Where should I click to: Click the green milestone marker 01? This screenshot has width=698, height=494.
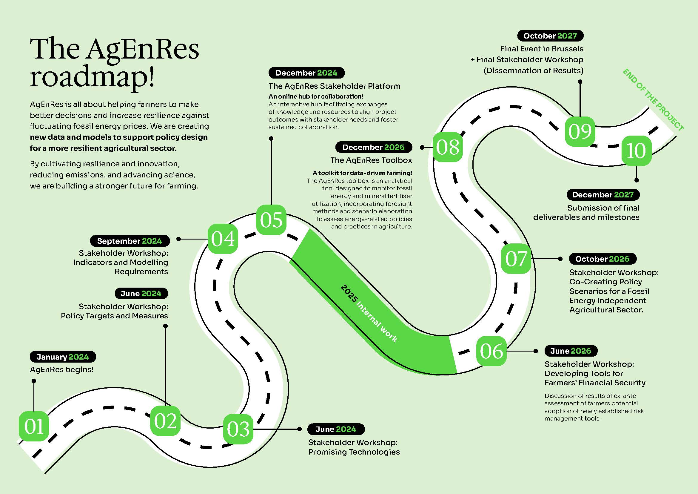[x=34, y=426]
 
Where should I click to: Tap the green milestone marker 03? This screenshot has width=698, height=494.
[x=238, y=429]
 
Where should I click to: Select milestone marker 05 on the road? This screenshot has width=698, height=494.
[x=271, y=220]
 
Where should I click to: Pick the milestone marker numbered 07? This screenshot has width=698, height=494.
[x=516, y=259]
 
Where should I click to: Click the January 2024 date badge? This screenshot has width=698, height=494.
[x=63, y=357]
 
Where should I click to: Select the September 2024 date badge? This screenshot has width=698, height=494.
[x=130, y=241]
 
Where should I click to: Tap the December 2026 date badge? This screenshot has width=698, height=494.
[x=374, y=147]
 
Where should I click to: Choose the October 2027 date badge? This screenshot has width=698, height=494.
[x=550, y=36]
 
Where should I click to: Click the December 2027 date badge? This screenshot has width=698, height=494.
[x=603, y=195]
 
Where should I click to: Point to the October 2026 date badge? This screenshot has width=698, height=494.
[x=603, y=259]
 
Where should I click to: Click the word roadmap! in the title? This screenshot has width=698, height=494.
[x=93, y=77]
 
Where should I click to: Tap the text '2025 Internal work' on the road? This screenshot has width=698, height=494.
[x=369, y=314]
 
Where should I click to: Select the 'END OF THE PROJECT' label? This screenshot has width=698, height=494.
[x=653, y=100]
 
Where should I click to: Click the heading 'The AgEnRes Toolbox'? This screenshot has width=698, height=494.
[x=371, y=160]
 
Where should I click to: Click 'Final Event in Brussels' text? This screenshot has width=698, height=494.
[x=542, y=49]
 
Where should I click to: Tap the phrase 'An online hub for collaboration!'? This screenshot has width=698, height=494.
[x=316, y=97]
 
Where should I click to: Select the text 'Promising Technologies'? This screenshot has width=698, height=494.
[x=354, y=452]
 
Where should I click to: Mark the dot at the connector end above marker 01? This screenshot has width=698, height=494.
[x=34, y=381]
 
